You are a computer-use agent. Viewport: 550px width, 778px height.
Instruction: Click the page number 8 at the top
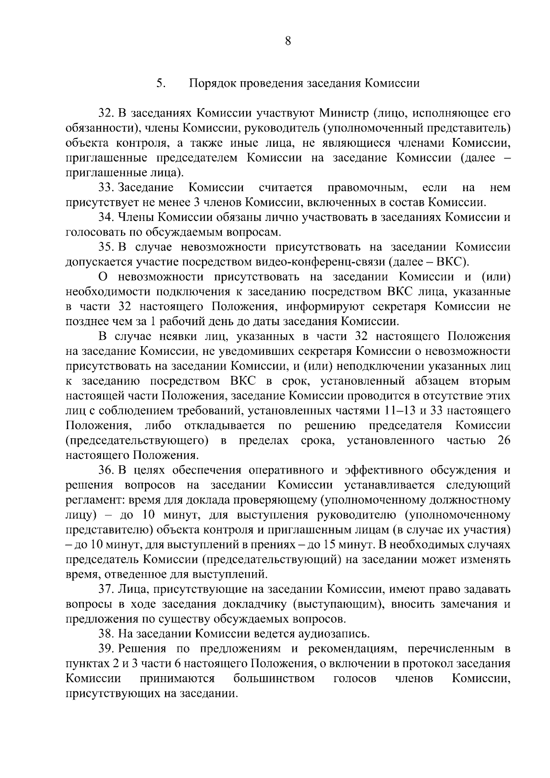[288, 41]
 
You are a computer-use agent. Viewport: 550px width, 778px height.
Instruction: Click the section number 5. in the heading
[160, 83]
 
